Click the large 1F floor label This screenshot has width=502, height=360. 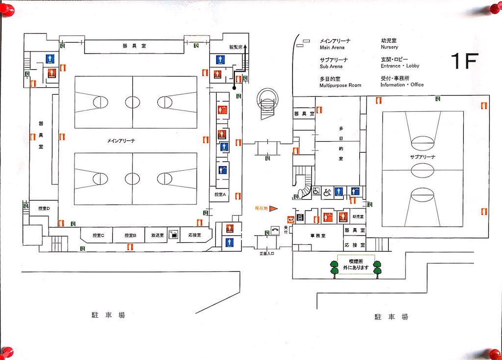coord(464,61)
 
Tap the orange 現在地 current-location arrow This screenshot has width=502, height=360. coord(274,208)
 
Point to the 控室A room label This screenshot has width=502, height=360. coord(221,195)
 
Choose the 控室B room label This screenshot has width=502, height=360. coord(130,235)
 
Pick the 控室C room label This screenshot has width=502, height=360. coord(99,235)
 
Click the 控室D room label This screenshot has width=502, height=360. coord(44,209)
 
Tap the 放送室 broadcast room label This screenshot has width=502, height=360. coord(157,235)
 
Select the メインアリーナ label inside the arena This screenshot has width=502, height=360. coord(121,141)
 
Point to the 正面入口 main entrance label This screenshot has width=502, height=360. coord(267,254)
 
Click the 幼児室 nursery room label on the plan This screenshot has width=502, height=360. coord(358,217)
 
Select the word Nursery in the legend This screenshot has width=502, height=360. coord(389,48)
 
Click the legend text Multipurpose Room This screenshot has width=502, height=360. coord(340,85)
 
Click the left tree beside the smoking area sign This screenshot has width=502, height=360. coord(335,269)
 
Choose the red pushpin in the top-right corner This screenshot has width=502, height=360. coord(495,9)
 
